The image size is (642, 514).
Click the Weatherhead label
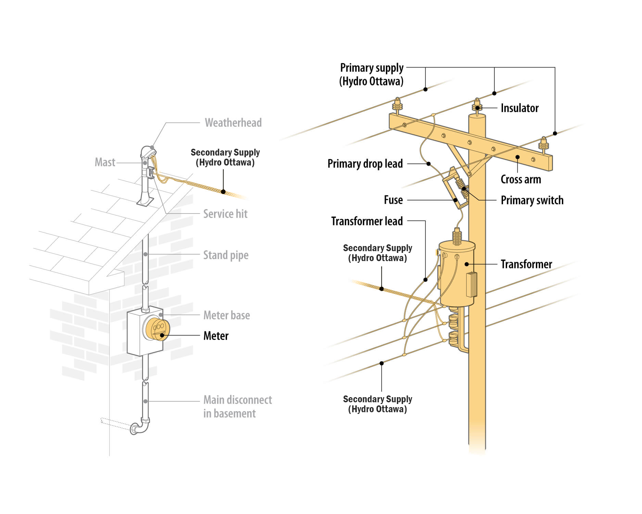point(233,123)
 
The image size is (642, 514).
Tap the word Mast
point(105,162)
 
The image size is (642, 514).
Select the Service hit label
point(225,214)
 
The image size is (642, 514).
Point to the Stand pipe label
point(226,255)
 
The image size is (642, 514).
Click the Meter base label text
point(226,315)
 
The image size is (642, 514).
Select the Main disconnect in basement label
point(237,406)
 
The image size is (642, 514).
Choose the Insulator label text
point(519,108)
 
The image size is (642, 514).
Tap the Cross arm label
point(520,180)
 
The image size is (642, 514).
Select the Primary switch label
point(532,200)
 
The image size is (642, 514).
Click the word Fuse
point(393,200)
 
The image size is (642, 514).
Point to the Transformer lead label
point(367,221)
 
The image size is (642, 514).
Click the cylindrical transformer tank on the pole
point(457,274)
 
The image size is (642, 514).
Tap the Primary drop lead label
point(365,164)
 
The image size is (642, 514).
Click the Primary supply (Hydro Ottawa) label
point(372,74)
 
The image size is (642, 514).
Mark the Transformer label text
point(526,264)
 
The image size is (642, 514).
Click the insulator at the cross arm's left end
point(397,106)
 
